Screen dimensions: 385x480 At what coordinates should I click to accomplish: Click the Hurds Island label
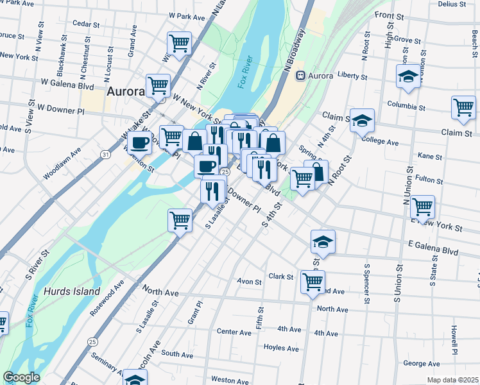tap(72, 291)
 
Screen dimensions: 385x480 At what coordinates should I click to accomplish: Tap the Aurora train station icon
tap(300, 76)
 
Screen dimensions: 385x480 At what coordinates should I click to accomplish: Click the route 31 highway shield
tap(105, 154)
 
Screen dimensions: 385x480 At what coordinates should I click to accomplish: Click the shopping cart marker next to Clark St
tap(313, 282)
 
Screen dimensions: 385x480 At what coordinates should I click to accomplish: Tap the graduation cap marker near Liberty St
tap(407, 78)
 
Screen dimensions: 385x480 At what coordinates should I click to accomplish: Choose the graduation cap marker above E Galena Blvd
tap(323, 242)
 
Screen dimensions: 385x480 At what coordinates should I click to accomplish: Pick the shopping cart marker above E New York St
tap(422, 207)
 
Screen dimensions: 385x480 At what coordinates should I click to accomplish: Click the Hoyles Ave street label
tap(281, 348)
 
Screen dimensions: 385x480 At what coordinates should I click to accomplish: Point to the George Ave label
tap(418, 363)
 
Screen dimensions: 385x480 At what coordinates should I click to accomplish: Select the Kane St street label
tap(429, 156)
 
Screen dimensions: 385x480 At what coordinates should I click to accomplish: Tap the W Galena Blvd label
tap(67, 83)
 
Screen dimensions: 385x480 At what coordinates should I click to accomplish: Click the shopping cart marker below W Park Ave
tap(179, 44)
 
